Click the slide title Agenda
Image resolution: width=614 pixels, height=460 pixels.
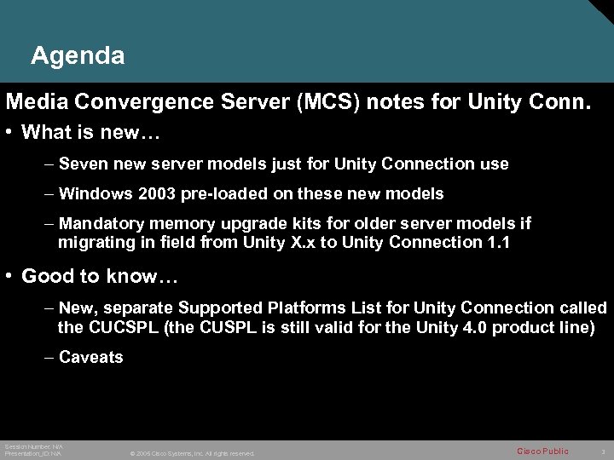(x=78, y=56)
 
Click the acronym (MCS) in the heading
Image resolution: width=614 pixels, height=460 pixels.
(x=327, y=103)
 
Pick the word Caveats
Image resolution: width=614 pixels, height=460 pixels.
(x=90, y=357)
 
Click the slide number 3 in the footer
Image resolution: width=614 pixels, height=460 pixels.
(x=602, y=451)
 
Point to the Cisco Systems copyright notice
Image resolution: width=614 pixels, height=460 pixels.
(x=192, y=453)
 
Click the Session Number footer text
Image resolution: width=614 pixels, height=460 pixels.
(x=33, y=446)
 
